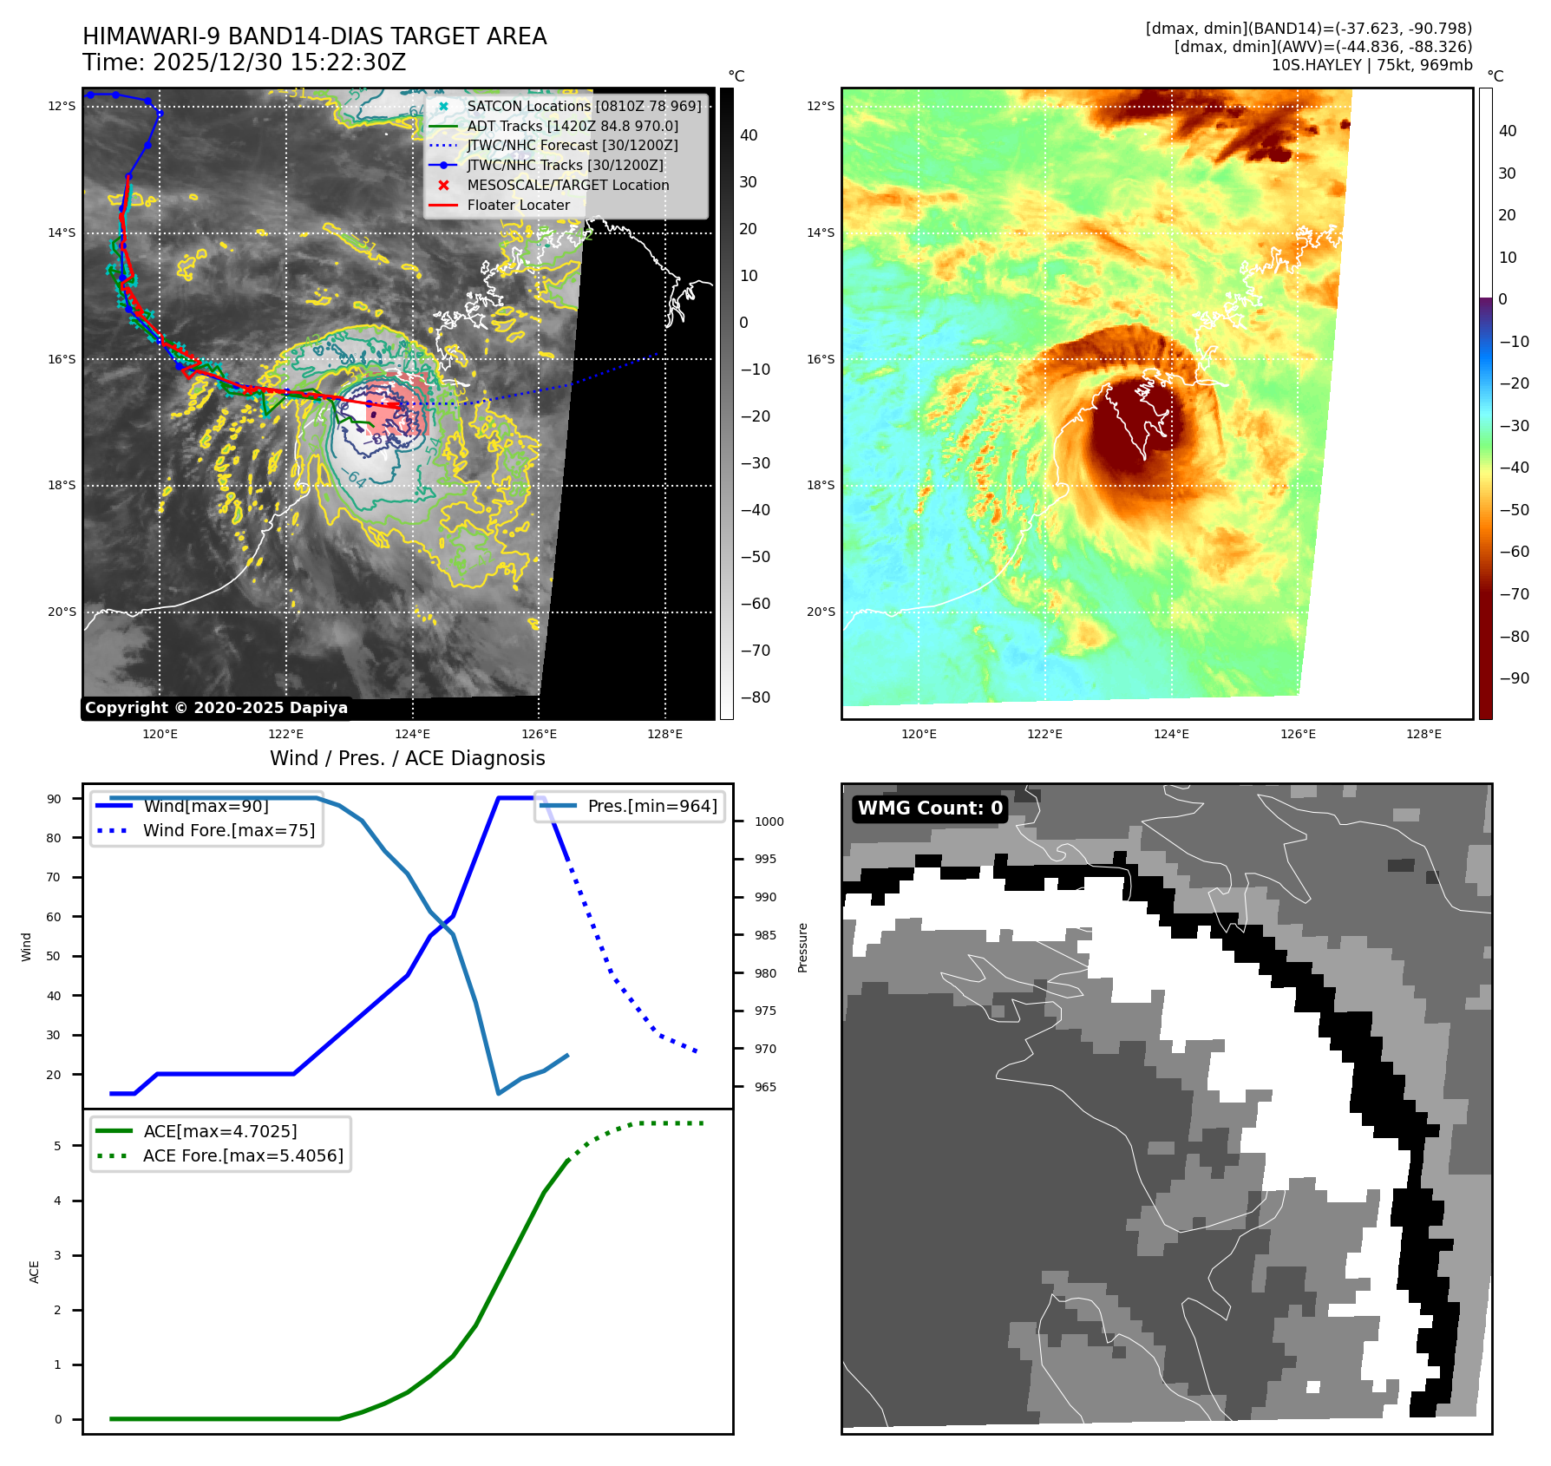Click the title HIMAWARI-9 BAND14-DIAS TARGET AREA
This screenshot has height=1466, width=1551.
[x=314, y=36]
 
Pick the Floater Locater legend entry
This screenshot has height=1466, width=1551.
[x=518, y=205]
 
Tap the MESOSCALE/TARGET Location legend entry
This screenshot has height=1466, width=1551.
[x=567, y=185]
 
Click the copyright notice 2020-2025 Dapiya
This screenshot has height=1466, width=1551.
[x=216, y=708]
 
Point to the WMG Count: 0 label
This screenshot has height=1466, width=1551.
[x=930, y=808]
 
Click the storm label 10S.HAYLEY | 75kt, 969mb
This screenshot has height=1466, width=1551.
[x=1371, y=65]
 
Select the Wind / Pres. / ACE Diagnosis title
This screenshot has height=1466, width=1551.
[x=408, y=758]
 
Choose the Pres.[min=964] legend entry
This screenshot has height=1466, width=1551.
[x=651, y=806]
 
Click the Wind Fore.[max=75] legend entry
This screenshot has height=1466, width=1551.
[x=228, y=830]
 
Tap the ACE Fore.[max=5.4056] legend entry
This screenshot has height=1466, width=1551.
[x=243, y=1155]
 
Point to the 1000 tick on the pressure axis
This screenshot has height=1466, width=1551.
[x=769, y=821]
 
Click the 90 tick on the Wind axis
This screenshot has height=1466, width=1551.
[x=55, y=799]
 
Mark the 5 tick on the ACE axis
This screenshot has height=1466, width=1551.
[x=58, y=1146]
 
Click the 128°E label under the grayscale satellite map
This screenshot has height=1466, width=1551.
[x=664, y=735]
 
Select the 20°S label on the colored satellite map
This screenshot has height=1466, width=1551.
[x=821, y=612]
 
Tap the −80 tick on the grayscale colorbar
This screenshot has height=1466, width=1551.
[x=755, y=697]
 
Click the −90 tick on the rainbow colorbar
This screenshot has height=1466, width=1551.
[x=1514, y=678]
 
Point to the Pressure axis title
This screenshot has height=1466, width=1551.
[x=803, y=947]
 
